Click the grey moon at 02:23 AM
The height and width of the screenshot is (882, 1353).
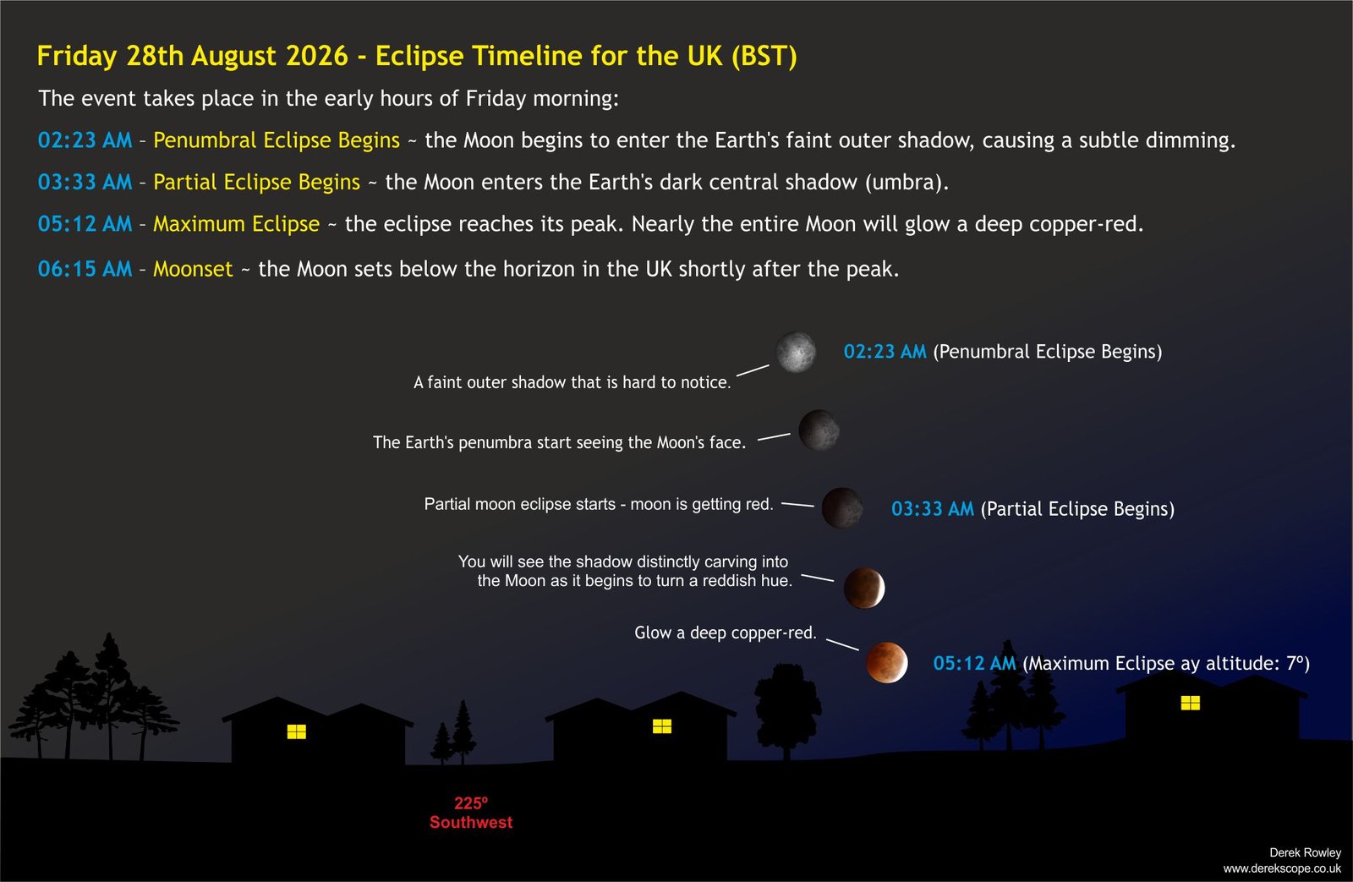coord(796,352)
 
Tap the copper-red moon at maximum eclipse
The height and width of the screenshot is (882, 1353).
coord(886,663)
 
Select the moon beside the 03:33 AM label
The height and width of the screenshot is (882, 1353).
coord(842,508)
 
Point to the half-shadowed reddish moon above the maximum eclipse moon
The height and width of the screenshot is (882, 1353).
coord(863,588)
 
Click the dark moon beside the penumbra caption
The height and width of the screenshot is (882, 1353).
coord(819,430)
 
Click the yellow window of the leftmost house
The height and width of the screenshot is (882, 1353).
coord(297,731)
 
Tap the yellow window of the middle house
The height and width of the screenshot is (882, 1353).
coord(662,726)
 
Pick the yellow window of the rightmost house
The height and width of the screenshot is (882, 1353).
coord(1190,703)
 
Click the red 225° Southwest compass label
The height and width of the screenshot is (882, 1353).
coord(471,813)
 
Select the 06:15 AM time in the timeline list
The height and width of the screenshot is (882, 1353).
coord(85,269)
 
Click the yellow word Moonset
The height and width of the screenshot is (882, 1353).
coord(193,269)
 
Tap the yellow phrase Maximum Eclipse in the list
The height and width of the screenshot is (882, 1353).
coord(236,224)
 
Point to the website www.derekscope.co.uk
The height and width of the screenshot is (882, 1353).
coord(1282,868)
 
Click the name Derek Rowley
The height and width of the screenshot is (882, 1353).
coord(1305,852)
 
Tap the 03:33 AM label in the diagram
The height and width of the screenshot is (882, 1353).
coord(933,509)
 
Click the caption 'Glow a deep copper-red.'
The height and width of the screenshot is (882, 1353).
coord(725,633)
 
